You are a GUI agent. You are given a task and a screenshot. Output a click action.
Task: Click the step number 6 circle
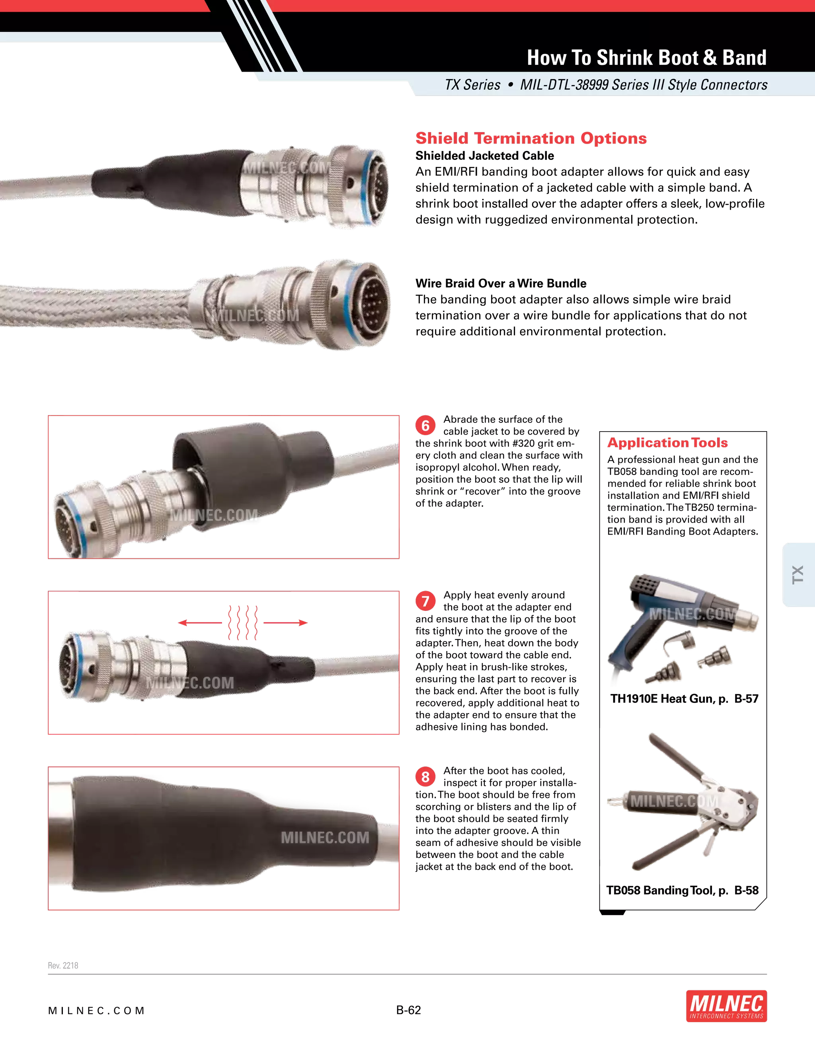pyautogui.click(x=425, y=426)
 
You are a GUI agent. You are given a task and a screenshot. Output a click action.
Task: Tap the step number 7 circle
pyautogui.click(x=425, y=601)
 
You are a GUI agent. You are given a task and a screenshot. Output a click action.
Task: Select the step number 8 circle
pyautogui.click(x=425, y=777)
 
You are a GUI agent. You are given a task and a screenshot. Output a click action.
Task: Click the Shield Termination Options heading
pyautogui.click(x=530, y=138)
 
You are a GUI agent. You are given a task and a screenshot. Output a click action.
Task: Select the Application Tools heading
pyautogui.click(x=668, y=443)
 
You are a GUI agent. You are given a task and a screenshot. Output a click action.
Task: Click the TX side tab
pyautogui.click(x=797, y=574)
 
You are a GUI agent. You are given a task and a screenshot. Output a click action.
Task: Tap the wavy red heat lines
pyautogui.click(x=243, y=622)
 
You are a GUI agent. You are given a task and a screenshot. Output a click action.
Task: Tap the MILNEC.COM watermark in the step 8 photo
pyautogui.click(x=325, y=837)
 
